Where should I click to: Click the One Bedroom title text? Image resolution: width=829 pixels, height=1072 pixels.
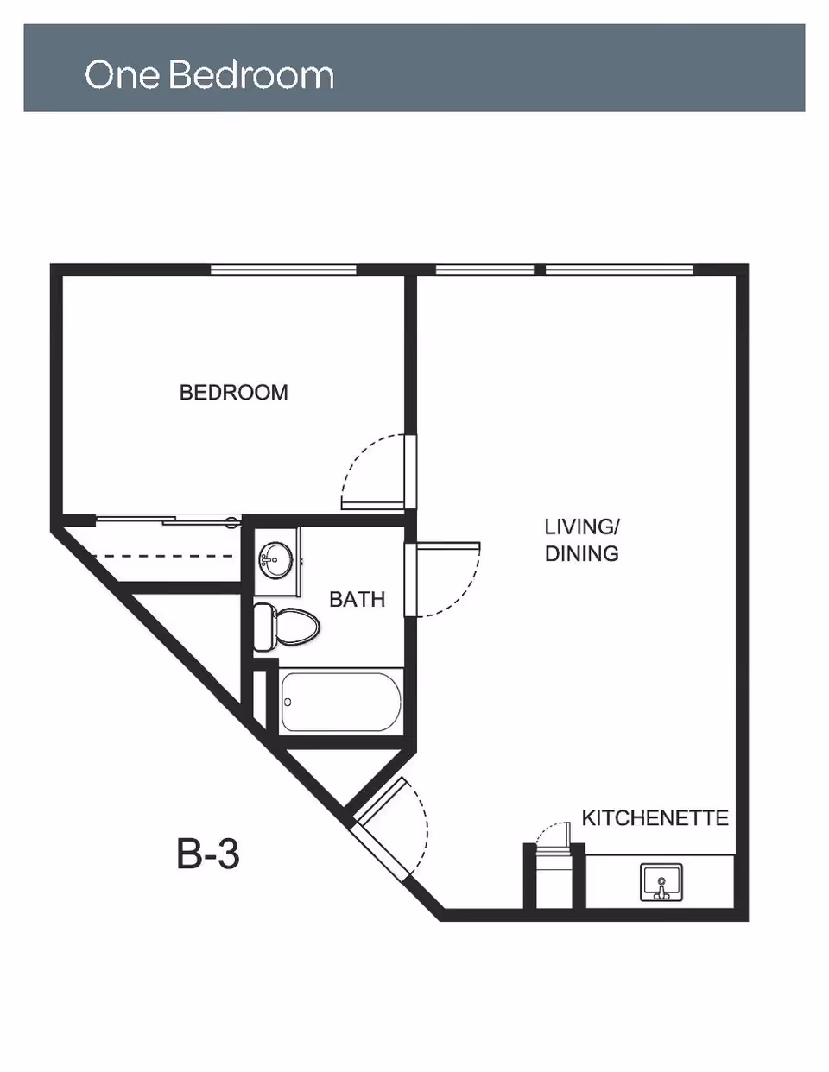coord(209,75)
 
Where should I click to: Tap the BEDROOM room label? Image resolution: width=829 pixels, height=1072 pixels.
coord(233,393)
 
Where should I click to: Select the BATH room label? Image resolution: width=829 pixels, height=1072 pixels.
coord(357,599)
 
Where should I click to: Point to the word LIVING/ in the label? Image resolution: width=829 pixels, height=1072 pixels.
coord(581,527)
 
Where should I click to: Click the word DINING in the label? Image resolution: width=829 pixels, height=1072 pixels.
coord(581,553)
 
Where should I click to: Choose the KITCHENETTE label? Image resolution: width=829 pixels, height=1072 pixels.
coord(655,817)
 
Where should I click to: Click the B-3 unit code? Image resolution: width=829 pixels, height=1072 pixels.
coord(208,854)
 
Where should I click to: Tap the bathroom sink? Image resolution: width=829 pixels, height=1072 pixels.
coord(275,560)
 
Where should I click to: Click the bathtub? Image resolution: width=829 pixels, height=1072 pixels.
coord(340,701)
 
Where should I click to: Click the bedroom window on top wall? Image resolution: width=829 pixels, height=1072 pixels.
coord(283,270)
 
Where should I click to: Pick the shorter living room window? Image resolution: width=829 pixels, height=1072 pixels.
coord(484,270)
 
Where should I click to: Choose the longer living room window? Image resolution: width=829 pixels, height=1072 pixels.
coord(618,270)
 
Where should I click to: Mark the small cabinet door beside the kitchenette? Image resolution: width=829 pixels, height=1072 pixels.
coord(553,835)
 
